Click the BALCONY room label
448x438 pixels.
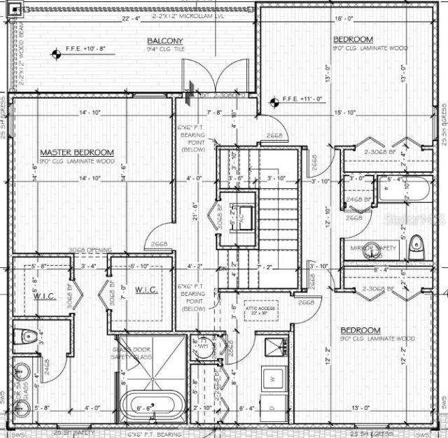click(x=165, y=41)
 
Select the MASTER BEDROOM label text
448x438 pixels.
click(x=77, y=153)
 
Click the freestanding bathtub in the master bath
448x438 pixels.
click(x=153, y=405)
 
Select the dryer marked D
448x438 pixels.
click(x=272, y=405)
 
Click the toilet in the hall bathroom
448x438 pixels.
click(x=416, y=243)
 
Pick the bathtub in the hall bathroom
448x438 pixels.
click(x=398, y=188)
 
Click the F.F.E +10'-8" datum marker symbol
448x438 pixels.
click(x=55, y=52)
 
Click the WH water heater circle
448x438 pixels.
click(x=203, y=348)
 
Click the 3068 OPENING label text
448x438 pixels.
click(x=87, y=251)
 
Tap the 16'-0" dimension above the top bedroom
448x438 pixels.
click(x=343, y=18)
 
